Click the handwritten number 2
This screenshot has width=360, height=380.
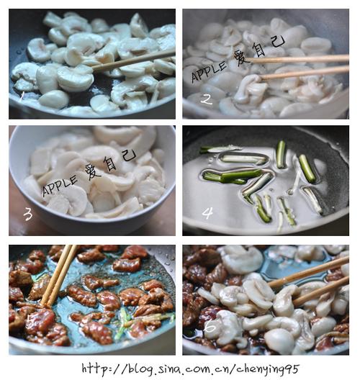(207, 99)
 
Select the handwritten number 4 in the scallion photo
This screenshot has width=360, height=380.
(207, 213)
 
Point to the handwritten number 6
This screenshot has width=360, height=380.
(210, 327)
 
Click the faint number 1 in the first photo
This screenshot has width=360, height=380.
(22, 97)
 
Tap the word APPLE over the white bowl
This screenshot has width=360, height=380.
(60, 186)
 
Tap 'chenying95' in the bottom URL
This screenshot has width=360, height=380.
(268, 369)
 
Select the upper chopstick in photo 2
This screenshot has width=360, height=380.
(299, 59)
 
